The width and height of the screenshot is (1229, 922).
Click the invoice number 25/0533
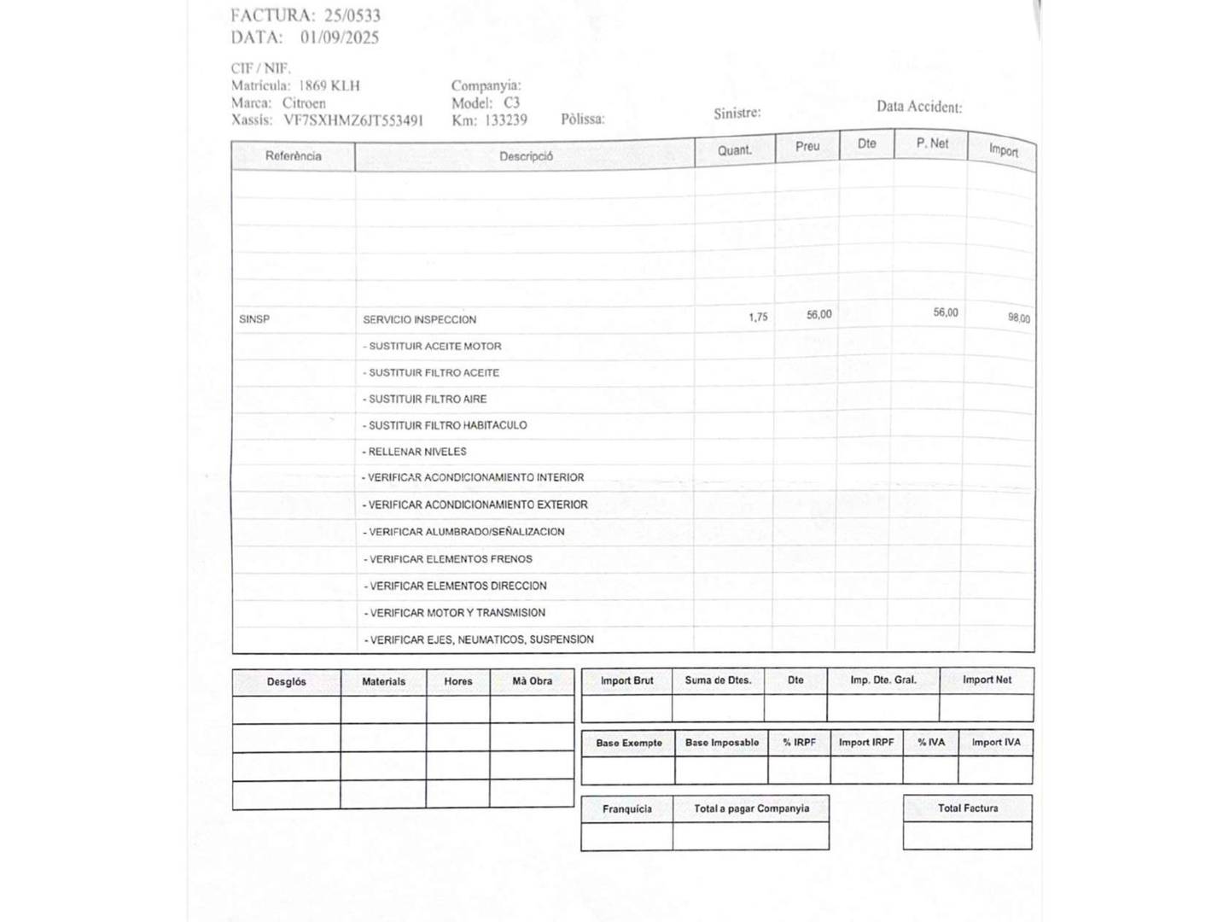coord(352,15)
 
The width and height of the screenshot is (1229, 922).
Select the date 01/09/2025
coord(339,38)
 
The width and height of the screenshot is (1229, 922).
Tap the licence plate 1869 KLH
coord(329,86)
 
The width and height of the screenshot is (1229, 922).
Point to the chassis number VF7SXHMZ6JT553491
coord(352,120)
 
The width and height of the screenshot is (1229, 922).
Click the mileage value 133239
coord(505,120)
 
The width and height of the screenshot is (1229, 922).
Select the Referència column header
coord(293,156)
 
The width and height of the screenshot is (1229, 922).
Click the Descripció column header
coord(526,156)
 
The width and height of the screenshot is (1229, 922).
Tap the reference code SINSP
coord(254,319)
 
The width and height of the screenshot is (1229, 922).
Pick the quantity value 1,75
coord(758,318)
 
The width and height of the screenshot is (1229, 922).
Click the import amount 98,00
coord(1018,318)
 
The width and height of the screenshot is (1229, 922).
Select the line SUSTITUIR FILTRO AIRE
coord(427,399)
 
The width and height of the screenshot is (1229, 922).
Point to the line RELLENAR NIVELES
coord(416,452)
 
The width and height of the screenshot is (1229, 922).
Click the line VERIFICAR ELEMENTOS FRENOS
coord(450,559)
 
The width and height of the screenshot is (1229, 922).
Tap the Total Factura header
coord(967,808)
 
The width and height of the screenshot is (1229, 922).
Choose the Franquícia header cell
coord(626,809)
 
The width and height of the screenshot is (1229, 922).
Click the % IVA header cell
coord(930,743)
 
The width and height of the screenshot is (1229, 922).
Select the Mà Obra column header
coord(532,681)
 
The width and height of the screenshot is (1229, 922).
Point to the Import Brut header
coord(626,681)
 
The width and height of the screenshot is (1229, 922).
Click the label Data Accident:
coord(918,108)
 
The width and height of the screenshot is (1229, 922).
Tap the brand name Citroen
coord(304,103)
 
